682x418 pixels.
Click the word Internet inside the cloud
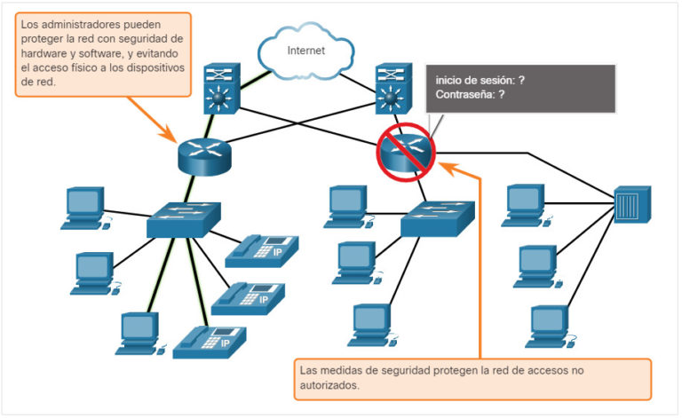305,51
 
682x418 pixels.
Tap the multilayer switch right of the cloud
391,88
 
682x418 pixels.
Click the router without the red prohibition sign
202,154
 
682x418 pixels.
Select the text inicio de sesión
474,80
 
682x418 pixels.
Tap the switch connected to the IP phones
183,218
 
